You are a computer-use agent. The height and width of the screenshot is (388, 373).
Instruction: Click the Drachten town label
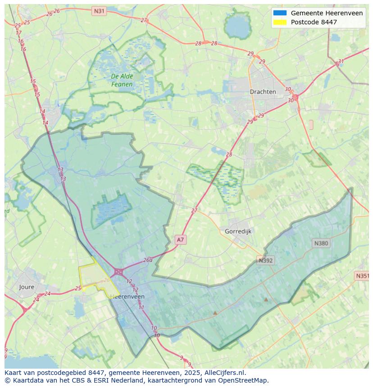tap(263, 91)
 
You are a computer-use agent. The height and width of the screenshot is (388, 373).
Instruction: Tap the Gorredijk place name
tap(238, 231)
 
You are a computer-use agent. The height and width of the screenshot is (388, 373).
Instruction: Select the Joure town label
tap(27, 287)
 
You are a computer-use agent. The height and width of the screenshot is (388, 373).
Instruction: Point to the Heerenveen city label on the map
tap(127, 297)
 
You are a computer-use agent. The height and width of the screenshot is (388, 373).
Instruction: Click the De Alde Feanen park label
tap(122, 80)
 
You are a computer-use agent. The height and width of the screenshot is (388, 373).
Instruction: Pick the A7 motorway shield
tap(180, 240)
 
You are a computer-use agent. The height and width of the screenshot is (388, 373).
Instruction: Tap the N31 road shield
tap(99, 10)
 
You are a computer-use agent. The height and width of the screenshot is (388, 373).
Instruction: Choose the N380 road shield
tap(321, 243)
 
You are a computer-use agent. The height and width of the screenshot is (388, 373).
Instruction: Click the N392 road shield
tap(265, 260)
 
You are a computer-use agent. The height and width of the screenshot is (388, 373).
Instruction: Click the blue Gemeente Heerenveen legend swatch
tap(279, 13)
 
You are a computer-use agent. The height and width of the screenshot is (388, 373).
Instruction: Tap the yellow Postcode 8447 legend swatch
tap(279, 22)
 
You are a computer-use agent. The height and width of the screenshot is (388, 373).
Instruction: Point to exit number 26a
tap(148, 260)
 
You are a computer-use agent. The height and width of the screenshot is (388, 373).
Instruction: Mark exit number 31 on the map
tap(341, 61)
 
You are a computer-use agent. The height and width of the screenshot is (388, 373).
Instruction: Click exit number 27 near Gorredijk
tap(194, 210)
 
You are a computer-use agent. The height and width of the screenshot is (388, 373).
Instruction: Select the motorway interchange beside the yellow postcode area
tap(118, 272)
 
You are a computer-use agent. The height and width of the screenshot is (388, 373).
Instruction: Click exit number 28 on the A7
tap(229, 155)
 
